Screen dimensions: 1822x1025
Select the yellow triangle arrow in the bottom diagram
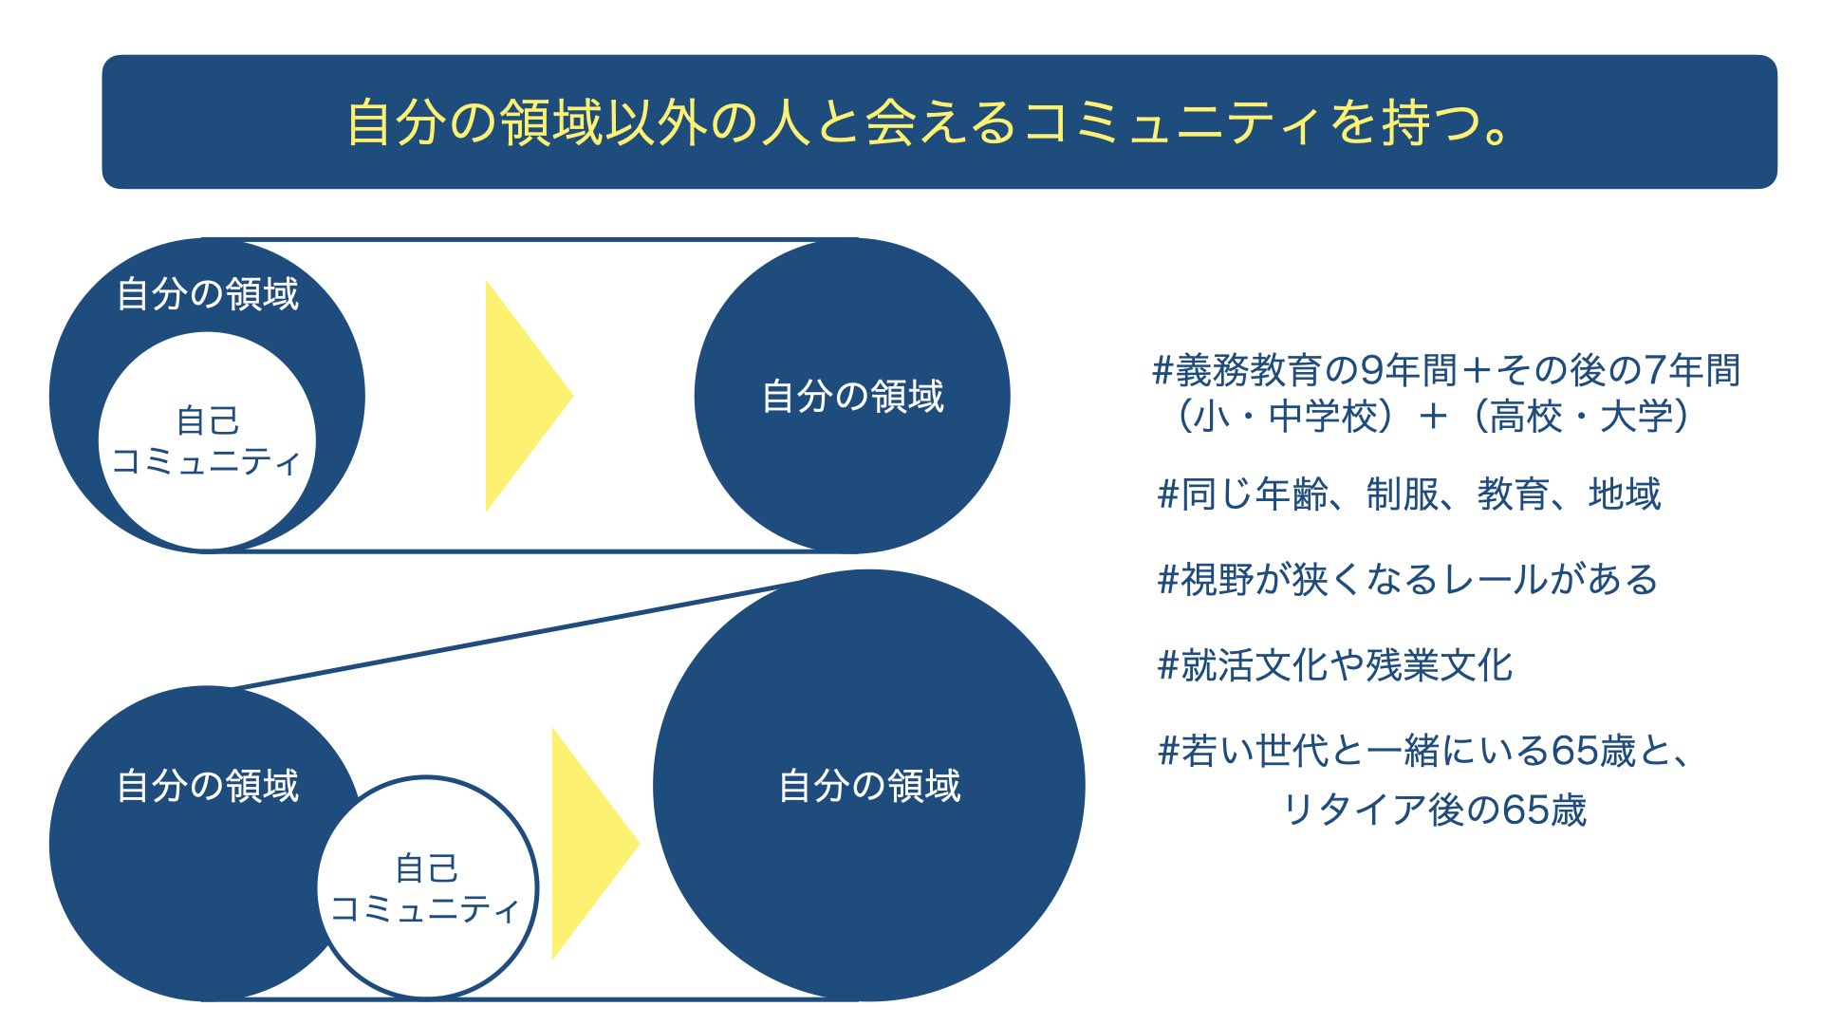pyautogui.click(x=596, y=843)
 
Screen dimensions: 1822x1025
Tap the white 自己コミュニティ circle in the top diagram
pyautogui.click(x=207, y=440)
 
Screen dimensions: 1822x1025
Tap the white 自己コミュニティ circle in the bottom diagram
pyautogui.click(x=427, y=888)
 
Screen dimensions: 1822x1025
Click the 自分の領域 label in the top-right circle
pyautogui.click(x=852, y=397)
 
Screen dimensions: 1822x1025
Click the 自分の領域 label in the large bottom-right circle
pyautogui.click(x=869, y=786)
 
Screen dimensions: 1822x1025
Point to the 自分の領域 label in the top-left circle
pyautogui.click(x=207, y=294)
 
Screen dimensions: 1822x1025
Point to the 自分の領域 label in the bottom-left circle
pyautogui.click(x=207, y=786)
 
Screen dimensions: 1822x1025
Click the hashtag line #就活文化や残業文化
pyautogui.click(x=1335, y=665)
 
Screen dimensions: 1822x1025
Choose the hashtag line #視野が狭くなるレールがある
pyautogui.click(x=1407, y=579)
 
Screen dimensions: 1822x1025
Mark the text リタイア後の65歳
pyautogui.click(x=1434, y=810)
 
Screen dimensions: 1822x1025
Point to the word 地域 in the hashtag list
pyautogui.click(x=1625, y=494)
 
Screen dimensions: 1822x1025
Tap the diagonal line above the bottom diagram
pyautogui.click(x=517, y=633)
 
